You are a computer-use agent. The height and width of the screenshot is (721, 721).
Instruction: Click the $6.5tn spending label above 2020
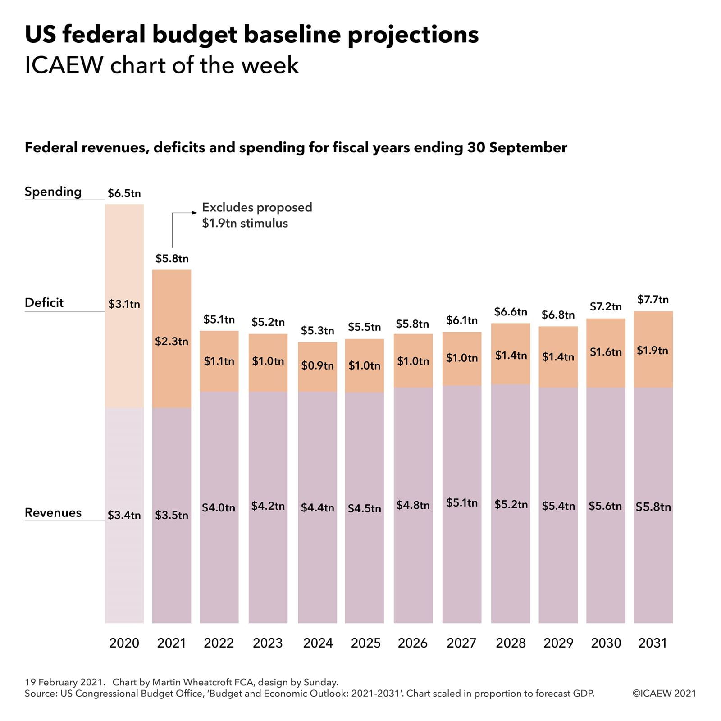124,193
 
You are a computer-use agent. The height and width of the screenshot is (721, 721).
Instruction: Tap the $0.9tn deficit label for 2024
317,365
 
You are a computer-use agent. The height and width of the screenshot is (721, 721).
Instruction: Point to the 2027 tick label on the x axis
461,643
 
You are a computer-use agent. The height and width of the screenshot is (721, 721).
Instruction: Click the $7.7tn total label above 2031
653,300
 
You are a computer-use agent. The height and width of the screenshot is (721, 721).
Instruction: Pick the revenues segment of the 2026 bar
413,563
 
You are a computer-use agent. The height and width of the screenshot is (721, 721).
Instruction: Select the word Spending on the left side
53,192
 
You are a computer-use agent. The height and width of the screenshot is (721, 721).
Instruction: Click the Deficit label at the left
44,303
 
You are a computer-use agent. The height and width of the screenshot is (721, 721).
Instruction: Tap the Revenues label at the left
53,513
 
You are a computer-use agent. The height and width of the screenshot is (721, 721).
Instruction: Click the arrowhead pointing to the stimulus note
195,213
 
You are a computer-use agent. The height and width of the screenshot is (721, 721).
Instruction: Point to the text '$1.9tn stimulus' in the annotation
245,224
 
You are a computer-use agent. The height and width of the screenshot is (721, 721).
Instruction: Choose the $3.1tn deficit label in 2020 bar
124,304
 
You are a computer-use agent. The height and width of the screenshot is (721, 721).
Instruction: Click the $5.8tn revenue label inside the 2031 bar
653,507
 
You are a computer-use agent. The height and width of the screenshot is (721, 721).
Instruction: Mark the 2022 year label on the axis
219,643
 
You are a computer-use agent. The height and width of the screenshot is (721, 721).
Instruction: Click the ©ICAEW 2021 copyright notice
664,694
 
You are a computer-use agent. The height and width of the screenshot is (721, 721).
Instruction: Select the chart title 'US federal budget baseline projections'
251,35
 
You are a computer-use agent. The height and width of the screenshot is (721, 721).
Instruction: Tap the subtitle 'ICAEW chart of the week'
162,65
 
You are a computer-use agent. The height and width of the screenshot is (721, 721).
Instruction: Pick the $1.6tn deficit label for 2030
606,352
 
